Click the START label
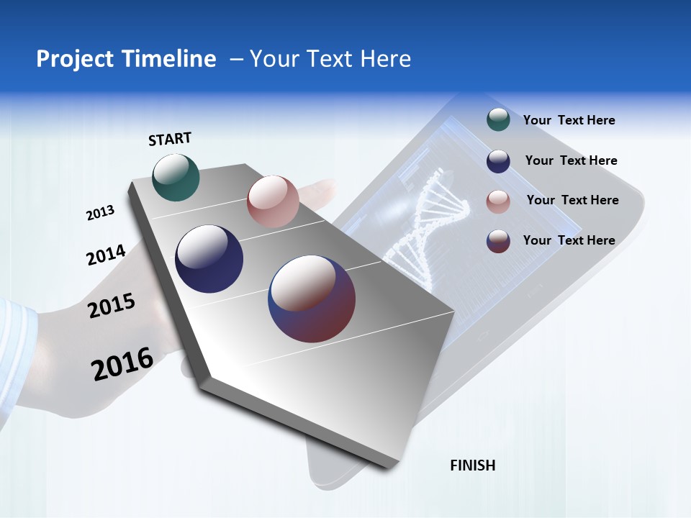[x=170, y=139]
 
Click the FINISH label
[x=472, y=465]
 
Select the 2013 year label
[x=101, y=212]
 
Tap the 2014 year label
[x=106, y=255]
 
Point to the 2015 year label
[x=111, y=306]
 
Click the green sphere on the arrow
[x=176, y=177]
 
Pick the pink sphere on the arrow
[x=273, y=201]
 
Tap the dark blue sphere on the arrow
[x=209, y=259]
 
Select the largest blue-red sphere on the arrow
[x=312, y=299]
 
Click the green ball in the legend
[x=498, y=120]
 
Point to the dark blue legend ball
[x=498, y=161]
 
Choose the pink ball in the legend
[x=498, y=201]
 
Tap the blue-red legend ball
[x=498, y=241]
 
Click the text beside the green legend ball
[x=569, y=120]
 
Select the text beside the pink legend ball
[x=572, y=200]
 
